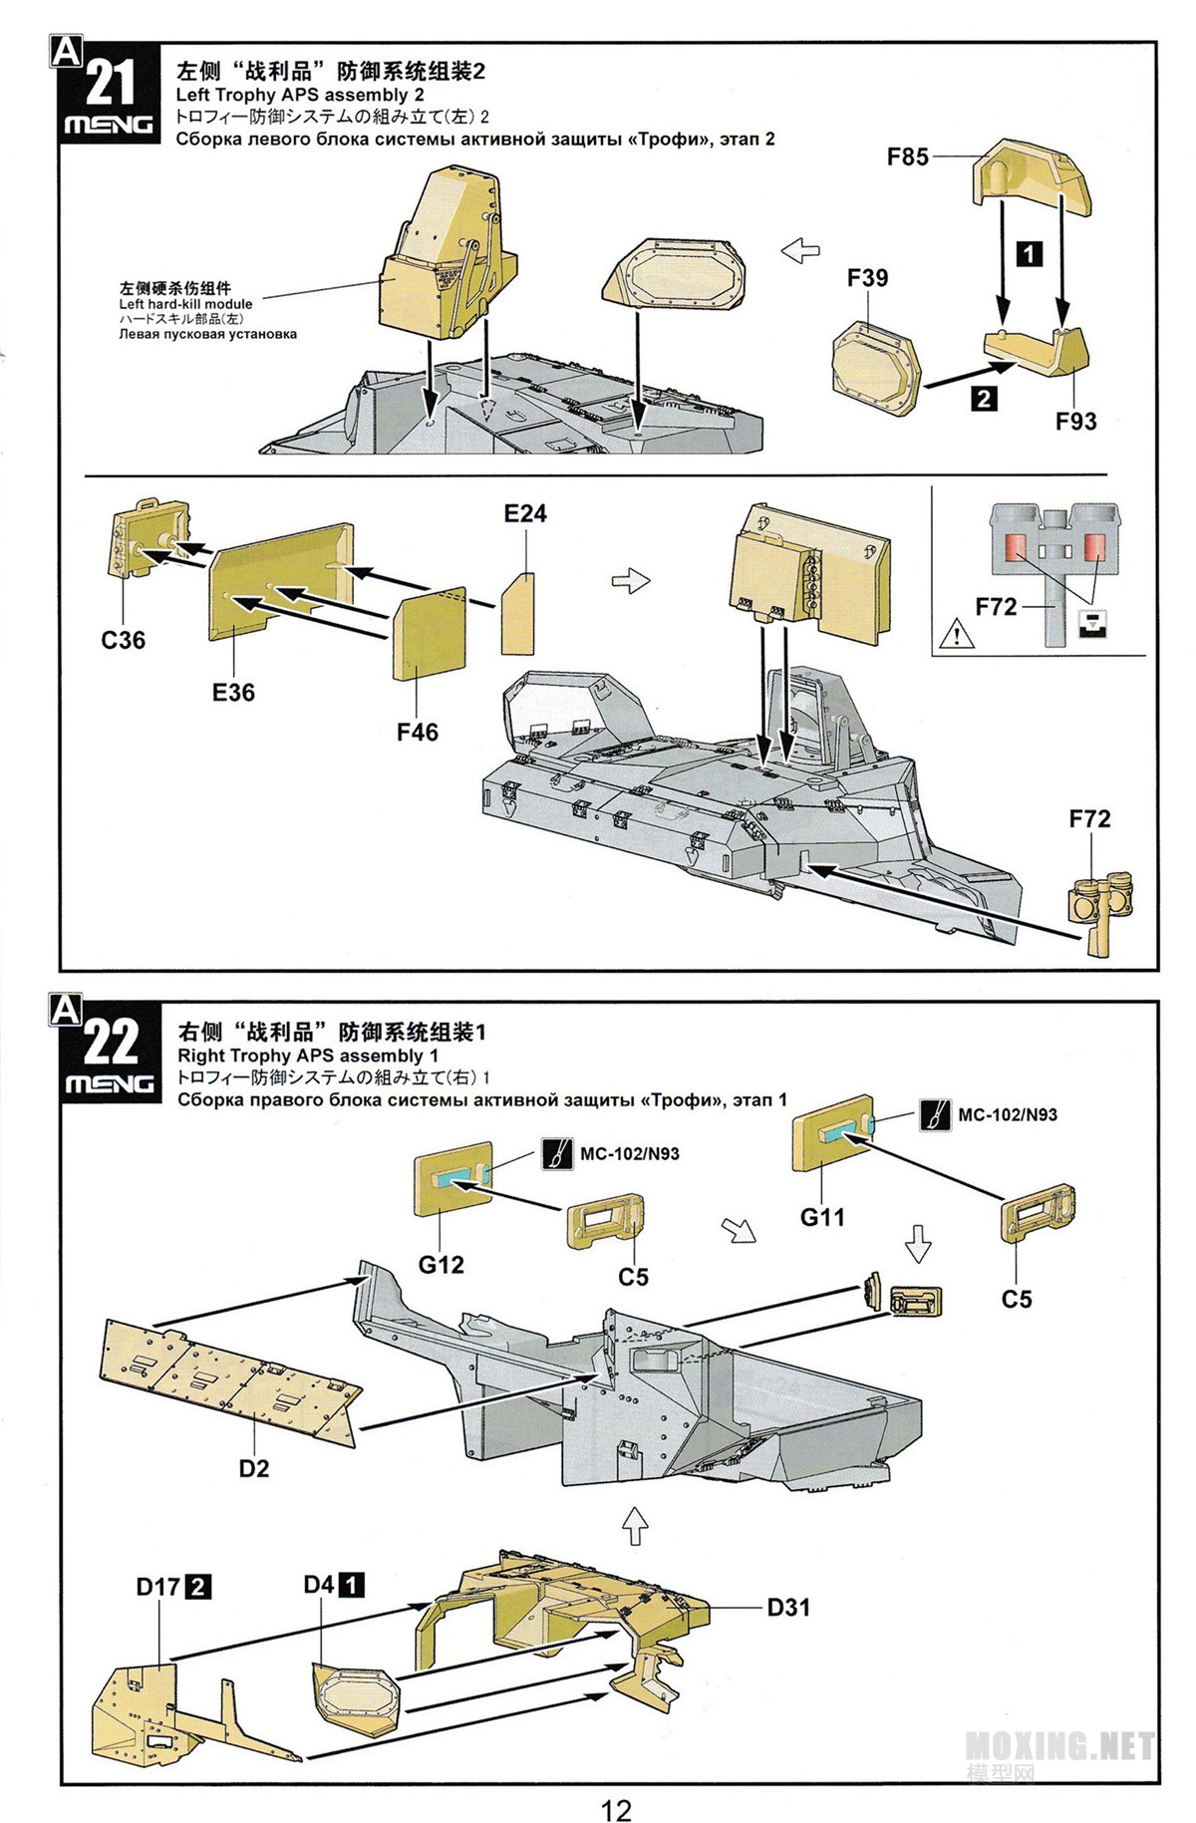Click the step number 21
click(110, 82)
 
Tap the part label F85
click(907, 156)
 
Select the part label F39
click(867, 278)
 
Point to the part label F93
click(1075, 422)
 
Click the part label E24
click(525, 513)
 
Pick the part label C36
click(123, 640)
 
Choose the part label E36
click(233, 692)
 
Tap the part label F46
click(417, 732)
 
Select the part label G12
click(441, 1264)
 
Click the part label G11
click(822, 1216)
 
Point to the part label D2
click(253, 1468)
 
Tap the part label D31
click(788, 1607)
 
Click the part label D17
click(159, 1585)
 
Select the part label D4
click(319, 1584)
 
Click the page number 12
click(616, 1782)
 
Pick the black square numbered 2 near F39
click(983, 399)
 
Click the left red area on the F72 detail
click(1015, 547)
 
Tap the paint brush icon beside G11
click(934, 1114)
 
